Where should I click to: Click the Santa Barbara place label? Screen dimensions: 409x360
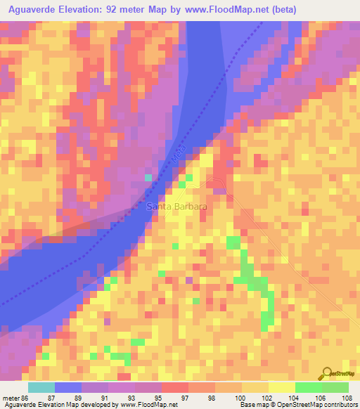[x=176, y=207]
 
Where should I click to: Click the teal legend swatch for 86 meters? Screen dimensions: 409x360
[x=41, y=387]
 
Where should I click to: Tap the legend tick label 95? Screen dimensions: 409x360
[x=148, y=398]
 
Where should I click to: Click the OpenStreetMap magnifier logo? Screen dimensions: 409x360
[x=327, y=373]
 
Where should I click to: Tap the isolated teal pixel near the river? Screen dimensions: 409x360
[x=148, y=178]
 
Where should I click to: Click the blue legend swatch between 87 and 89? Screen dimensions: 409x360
[x=68, y=387]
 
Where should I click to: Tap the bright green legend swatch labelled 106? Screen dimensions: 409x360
[x=309, y=387]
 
